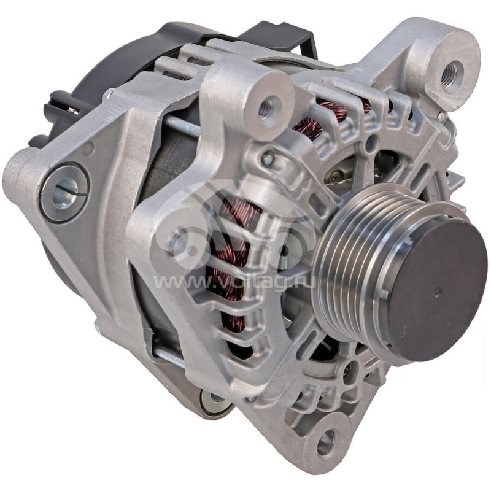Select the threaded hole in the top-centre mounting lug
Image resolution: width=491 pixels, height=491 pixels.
(265, 109)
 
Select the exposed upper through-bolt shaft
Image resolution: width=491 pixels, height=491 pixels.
(181, 126)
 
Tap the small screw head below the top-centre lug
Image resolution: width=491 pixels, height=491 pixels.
(267, 159)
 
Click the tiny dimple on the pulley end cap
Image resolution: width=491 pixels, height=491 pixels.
(436, 293)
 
